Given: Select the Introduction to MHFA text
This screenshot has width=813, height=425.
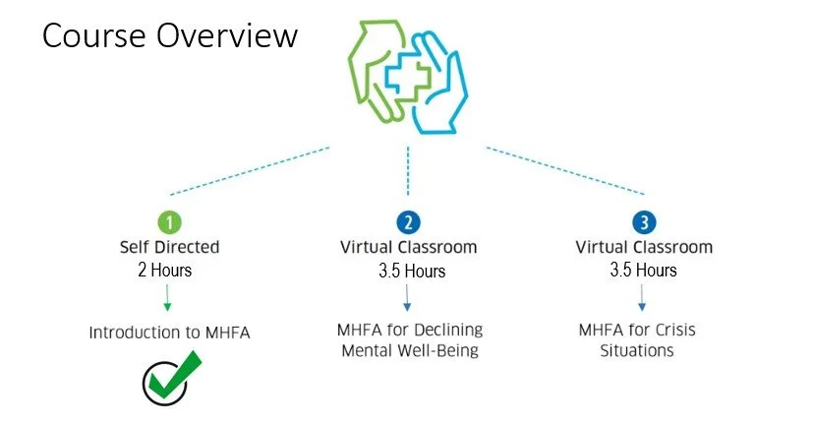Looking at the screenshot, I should (x=170, y=333).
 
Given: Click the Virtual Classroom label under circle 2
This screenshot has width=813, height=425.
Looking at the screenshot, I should (x=409, y=247).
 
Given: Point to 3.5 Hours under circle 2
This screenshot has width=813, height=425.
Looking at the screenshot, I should (x=409, y=271).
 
